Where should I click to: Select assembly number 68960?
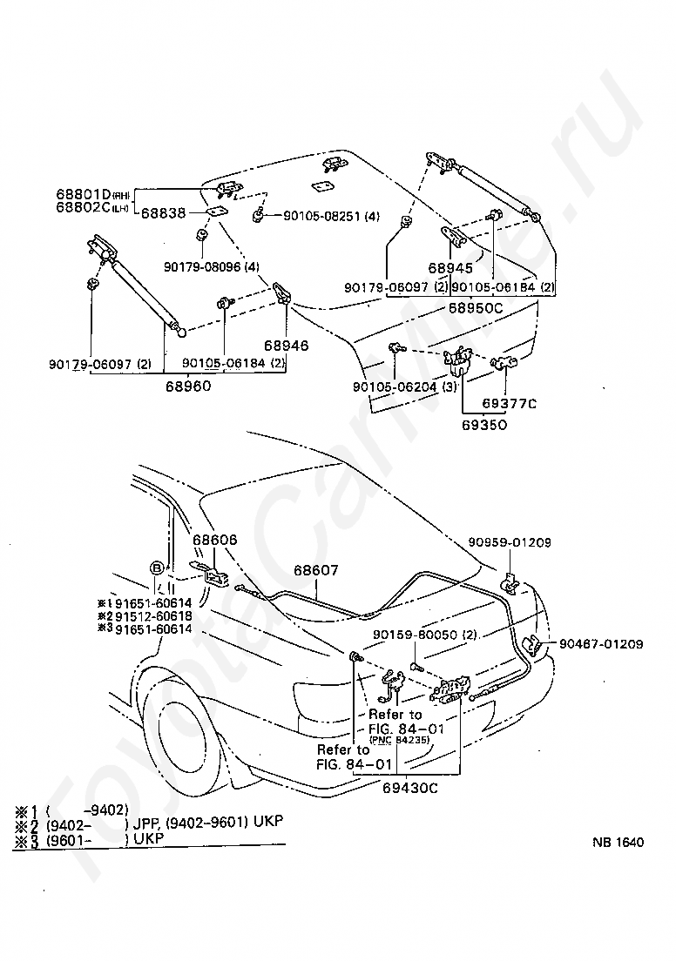(187, 384)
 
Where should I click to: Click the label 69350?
(484, 425)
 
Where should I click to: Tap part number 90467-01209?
(601, 644)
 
